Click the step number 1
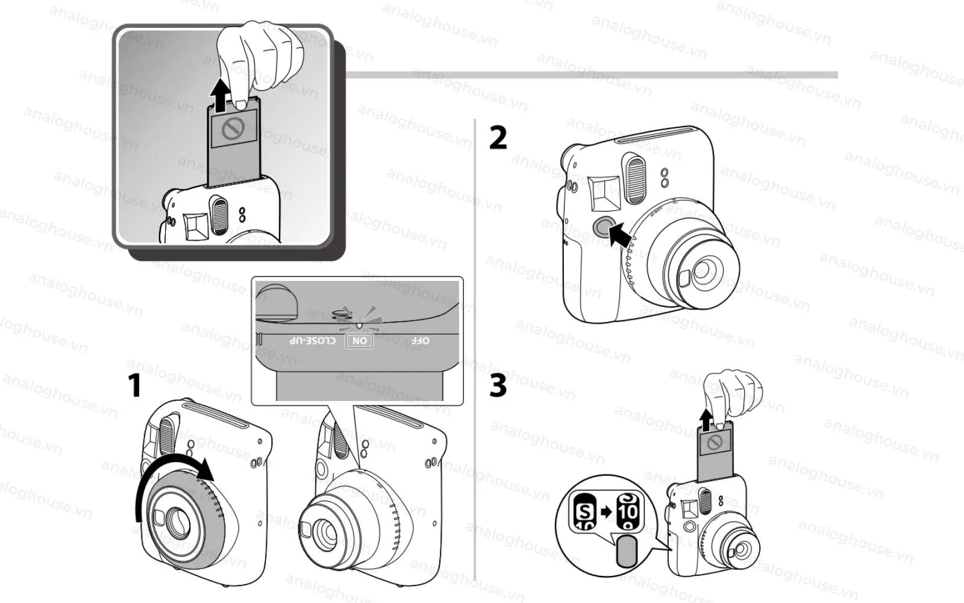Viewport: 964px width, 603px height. (136, 385)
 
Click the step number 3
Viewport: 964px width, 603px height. (498, 386)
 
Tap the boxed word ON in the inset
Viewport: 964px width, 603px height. (360, 341)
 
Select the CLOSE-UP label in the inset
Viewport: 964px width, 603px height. (313, 341)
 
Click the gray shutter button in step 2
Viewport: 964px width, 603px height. (601, 226)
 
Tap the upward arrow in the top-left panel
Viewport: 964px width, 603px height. (222, 96)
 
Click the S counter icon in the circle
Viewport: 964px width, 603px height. (584, 513)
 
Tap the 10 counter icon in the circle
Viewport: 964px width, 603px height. (628, 513)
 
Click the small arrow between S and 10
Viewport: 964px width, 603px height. (606, 512)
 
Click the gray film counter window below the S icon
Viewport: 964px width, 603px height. (627, 552)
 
